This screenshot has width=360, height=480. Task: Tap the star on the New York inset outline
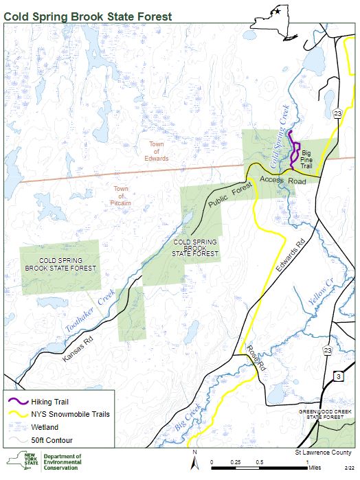(277, 10)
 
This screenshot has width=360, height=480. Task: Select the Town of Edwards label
(157, 151)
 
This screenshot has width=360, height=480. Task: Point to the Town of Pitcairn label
(120, 196)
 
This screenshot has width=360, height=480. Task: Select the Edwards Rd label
(288, 258)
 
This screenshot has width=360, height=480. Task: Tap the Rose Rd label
(255, 358)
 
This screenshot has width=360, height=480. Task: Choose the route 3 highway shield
(337, 376)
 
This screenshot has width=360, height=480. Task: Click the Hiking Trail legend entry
(49, 402)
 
